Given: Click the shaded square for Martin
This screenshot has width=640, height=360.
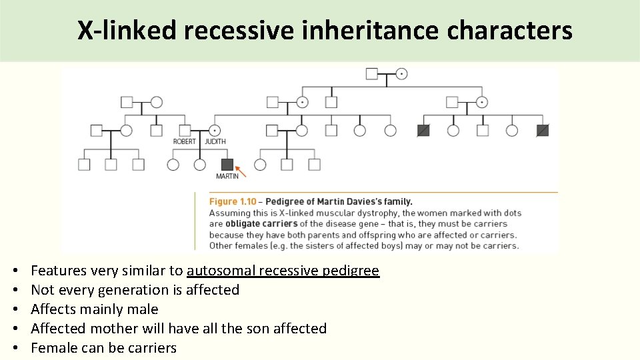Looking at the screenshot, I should click(x=227, y=164).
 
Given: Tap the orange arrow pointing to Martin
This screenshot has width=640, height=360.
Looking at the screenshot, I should click(x=241, y=171).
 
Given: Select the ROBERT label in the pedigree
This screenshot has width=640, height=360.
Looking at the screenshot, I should click(x=185, y=141).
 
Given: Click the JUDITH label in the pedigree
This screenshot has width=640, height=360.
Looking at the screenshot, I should click(x=215, y=141).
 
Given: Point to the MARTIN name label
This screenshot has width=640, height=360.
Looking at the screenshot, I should click(x=227, y=177).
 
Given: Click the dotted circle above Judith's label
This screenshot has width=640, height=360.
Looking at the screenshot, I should click(x=215, y=130).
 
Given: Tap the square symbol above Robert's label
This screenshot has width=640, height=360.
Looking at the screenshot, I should click(x=185, y=130).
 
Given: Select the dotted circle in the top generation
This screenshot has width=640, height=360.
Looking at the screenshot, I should click(x=401, y=73).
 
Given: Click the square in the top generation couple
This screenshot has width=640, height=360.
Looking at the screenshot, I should click(x=372, y=73).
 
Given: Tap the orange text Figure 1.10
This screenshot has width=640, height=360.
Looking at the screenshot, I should click(x=233, y=201).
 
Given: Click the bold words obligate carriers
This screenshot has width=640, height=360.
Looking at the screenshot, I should click(x=261, y=224).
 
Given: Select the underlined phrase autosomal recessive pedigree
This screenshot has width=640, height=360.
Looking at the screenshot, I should click(x=283, y=271).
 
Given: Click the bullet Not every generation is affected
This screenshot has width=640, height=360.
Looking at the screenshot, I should click(x=135, y=290).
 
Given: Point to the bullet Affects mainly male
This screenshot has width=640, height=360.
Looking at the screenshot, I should click(x=95, y=309).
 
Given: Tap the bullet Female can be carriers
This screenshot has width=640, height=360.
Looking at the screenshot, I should click(x=103, y=348).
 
